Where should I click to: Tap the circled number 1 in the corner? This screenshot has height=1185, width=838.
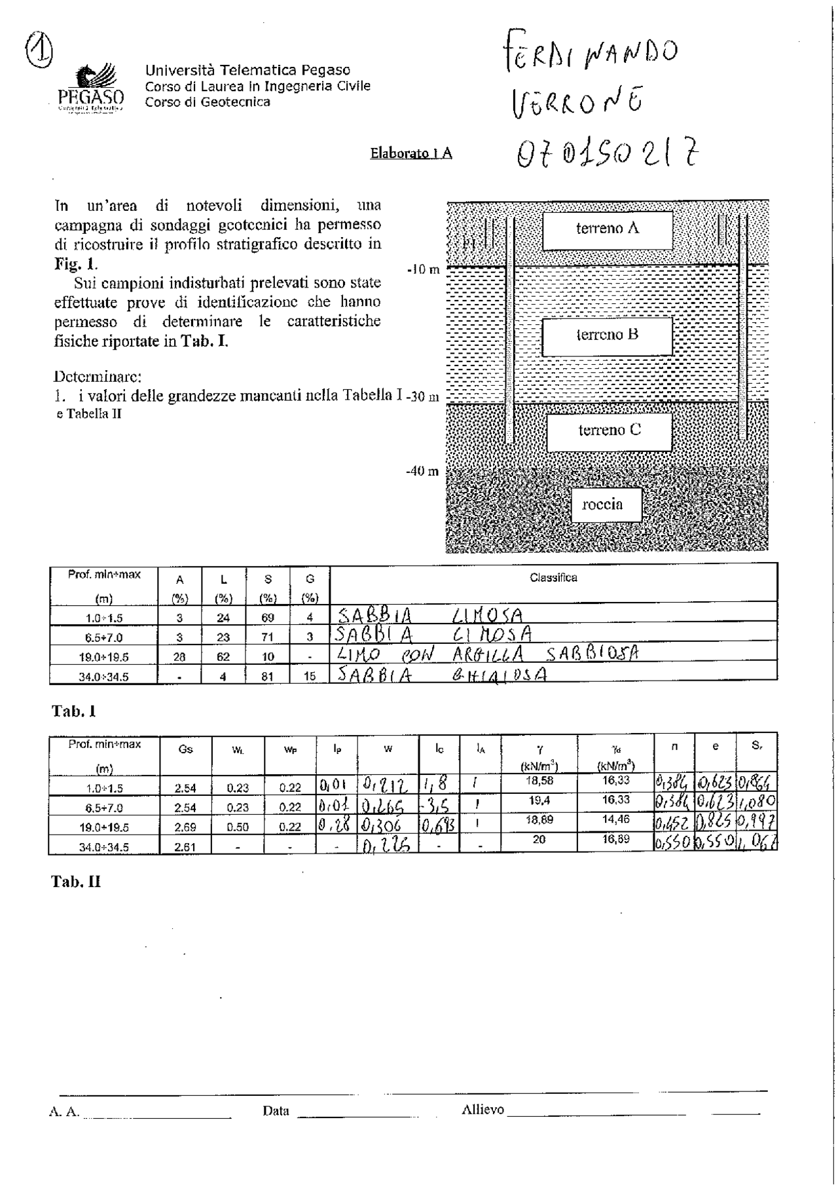click(39, 49)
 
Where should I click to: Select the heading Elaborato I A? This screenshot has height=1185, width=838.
click(410, 153)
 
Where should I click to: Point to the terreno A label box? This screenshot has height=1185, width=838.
click(607, 229)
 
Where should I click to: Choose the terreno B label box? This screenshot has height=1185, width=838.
click(607, 335)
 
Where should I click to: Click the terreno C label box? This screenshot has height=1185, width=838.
click(609, 431)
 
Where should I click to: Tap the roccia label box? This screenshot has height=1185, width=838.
click(606, 504)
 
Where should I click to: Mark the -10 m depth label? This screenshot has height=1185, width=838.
click(423, 269)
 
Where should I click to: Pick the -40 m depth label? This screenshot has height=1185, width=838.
click(422, 471)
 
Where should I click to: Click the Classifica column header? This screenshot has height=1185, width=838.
click(553, 578)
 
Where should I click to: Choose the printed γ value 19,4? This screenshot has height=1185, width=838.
click(538, 800)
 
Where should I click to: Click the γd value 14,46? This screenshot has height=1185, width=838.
click(615, 819)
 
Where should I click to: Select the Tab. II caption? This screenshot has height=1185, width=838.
click(76, 882)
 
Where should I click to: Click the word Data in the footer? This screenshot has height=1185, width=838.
click(276, 1110)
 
